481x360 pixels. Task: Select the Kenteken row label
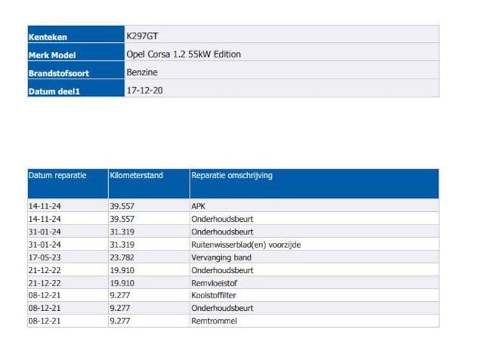(48, 37)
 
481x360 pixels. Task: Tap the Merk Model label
(52, 55)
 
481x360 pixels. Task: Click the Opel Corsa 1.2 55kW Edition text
(183, 53)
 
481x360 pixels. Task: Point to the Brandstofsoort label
(58, 73)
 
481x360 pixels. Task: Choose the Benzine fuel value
(142, 72)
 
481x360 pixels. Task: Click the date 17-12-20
(145, 90)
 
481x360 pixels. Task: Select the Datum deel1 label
(54, 91)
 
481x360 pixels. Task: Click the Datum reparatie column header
(57, 175)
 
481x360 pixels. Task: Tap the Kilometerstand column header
(136, 175)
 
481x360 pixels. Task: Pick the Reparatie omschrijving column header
(232, 175)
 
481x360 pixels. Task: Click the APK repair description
(198, 206)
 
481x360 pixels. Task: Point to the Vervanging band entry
(221, 258)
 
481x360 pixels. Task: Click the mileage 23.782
(122, 258)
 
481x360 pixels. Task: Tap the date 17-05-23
(46, 258)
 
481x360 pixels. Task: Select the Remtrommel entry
(213, 321)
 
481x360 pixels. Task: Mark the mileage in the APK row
(122, 206)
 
